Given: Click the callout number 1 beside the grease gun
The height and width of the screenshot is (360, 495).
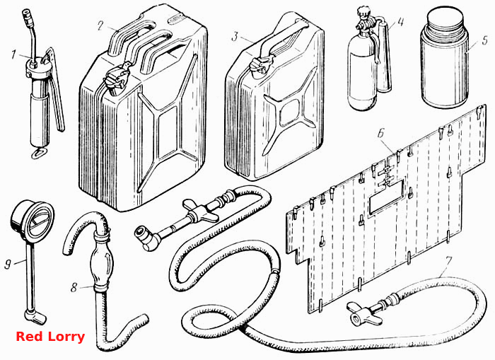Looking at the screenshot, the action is [x=13, y=54].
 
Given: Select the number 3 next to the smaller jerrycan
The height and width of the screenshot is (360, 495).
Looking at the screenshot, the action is [x=235, y=36].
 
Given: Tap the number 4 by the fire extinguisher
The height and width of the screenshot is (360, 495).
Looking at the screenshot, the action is [x=400, y=21].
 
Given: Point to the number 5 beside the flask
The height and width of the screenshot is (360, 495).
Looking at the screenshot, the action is [x=485, y=41].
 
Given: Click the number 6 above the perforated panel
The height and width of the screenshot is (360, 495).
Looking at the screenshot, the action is [x=381, y=133].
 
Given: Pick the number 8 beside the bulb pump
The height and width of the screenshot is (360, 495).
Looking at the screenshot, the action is [x=74, y=287].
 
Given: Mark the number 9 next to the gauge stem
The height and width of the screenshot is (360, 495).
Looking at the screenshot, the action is [x=8, y=264].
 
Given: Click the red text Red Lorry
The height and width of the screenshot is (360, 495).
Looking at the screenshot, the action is [x=50, y=337].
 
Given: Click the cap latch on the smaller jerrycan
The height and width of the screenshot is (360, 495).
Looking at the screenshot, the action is [x=261, y=65].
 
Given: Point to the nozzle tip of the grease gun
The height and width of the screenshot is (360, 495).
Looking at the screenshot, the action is [x=26, y=15].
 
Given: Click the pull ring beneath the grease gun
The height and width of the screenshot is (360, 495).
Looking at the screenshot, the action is [x=39, y=153].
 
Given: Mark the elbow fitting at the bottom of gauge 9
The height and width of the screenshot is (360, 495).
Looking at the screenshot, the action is [x=35, y=317].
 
